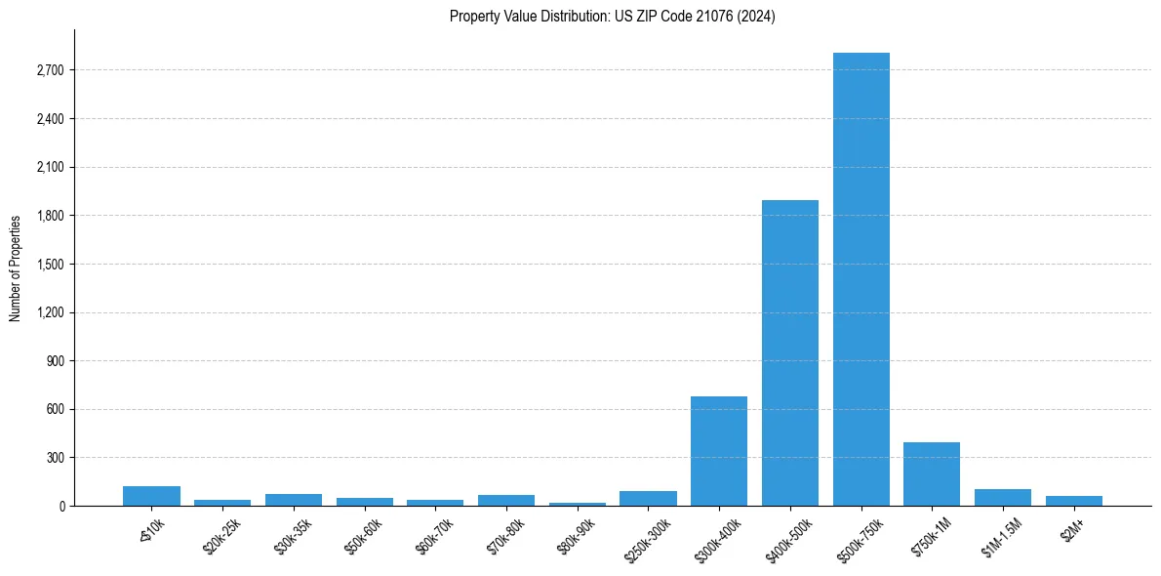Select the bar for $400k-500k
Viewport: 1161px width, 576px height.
[x=790, y=352]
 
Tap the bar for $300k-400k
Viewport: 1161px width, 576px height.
[x=719, y=451]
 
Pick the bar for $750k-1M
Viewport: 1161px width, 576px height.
[x=932, y=474]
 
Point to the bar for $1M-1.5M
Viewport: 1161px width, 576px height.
[x=1003, y=497]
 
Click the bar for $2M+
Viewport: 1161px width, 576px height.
[x=1074, y=501]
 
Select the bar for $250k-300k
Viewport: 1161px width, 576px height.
[x=648, y=498]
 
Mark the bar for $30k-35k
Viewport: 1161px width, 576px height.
[x=294, y=500]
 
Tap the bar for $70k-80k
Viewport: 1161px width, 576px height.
[x=506, y=500]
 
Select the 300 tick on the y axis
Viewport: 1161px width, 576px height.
[x=55, y=458]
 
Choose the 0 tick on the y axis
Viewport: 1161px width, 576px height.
[x=60, y=506]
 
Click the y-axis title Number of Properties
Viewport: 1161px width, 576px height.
[x=15, y=267]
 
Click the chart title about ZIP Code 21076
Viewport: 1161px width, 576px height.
[x=612, y=16]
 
